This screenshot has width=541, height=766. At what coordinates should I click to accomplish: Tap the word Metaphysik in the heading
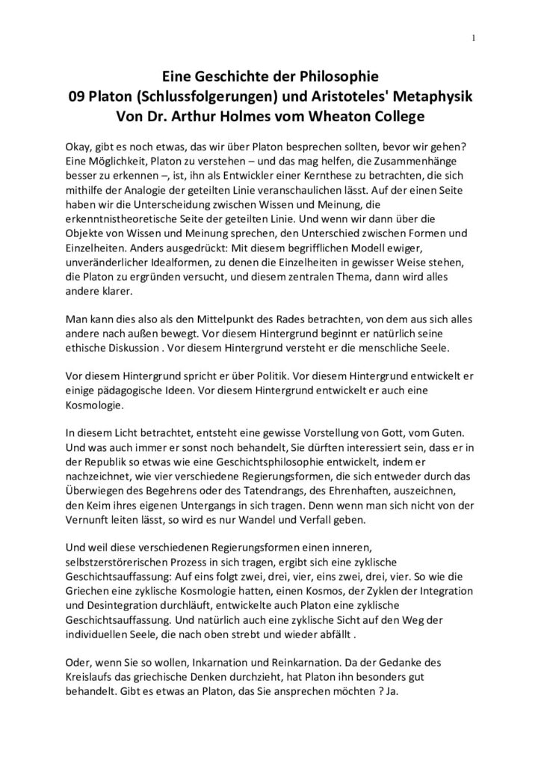(x=432, y=96)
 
